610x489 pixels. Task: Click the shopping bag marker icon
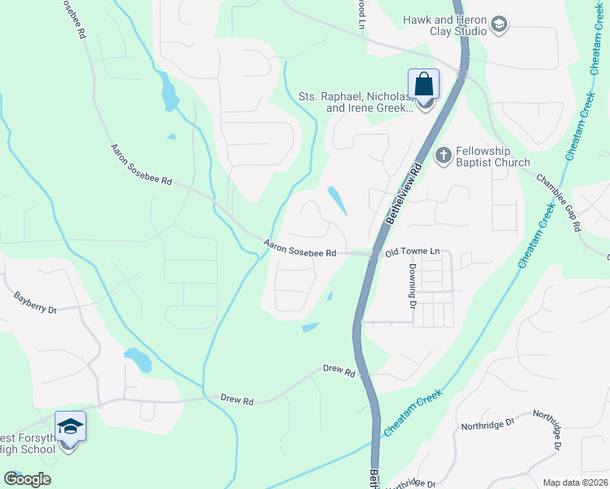(x=423, y=84)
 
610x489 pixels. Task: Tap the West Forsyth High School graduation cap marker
(x=70, y=426)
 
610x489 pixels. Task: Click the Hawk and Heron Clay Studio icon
(x=498, y=26)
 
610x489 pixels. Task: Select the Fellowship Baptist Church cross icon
(x=444, y=155)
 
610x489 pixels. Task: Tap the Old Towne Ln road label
(x=412, y=254)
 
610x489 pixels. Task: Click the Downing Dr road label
(x=413, y=290)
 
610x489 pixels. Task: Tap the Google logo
(x=27, y=479)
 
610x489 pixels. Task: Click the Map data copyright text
(x=576, y=482)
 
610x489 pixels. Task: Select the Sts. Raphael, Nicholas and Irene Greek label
(x=365, y=101)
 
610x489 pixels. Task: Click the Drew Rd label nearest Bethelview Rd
(x=339, y=371)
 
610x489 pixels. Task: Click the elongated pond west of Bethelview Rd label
(x=336, y=200)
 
